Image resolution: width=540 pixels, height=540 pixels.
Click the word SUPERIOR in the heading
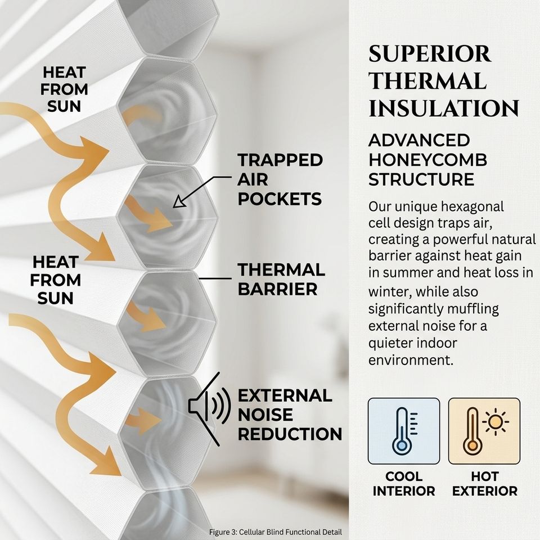click(430, 54)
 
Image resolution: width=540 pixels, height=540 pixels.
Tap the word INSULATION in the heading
click(444, 109)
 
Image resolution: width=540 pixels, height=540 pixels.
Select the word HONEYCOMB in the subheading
click(427, 160)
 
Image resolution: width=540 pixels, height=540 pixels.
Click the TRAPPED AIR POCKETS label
click(280, 179)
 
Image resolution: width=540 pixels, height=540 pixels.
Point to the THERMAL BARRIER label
click(281, 280)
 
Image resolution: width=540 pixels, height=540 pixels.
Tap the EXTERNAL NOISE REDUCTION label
click(290, 415)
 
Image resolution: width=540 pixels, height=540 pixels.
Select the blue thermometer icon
click(403, 431)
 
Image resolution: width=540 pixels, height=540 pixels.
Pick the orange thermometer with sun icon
click(484, 431)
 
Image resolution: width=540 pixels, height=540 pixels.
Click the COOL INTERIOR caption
click(403, 484)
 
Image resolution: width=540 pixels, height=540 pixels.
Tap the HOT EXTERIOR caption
click(484, 484)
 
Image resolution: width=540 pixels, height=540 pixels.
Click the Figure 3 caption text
click(275, 532)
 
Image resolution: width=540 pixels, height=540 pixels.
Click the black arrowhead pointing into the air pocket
click(178, 204)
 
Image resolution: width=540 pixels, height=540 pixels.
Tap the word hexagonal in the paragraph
click(471, 207)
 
